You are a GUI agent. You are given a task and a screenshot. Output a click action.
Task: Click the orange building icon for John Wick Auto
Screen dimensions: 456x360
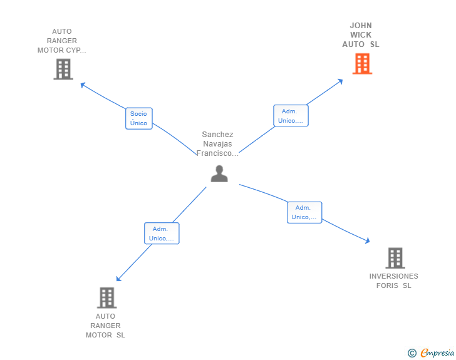pyautogui.click(x=362, y=64)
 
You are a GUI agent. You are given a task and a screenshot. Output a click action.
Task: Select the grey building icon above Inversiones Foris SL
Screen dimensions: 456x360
pyautogui.click(x=395, y=258)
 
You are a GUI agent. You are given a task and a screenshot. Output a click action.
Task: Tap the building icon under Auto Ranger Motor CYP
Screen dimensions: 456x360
pyautogui.click(x=63, y=69)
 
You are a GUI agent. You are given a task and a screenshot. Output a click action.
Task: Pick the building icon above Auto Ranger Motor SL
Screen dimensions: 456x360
pyautogui.click(x=106, y=298)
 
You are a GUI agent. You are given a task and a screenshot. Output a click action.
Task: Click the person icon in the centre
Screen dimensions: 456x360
pyautogui.click(x=219, y=173)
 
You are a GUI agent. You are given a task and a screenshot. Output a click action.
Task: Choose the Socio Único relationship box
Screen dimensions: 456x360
pyautogui.click(x=138, y=118)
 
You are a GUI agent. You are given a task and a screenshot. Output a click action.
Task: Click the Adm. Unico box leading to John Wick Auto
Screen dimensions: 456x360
pyautogui.click(x=291, y=116)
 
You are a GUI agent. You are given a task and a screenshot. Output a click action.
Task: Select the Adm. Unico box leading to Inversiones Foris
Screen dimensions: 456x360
pyautogui.click(x=304, y=213)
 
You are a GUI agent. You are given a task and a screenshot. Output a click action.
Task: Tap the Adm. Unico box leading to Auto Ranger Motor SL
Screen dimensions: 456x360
pyautogui.click(x=162, y=233)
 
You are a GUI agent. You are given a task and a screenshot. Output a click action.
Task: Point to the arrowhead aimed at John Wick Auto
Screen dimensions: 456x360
pyautogui.click(x=340, y=81)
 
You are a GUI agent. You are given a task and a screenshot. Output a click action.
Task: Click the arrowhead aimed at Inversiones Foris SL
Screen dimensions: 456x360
pyautogui.click(x=367, y=240)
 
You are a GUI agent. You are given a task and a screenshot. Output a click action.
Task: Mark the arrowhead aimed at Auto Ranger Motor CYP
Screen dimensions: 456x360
pyautogui.click(x=83, y=85)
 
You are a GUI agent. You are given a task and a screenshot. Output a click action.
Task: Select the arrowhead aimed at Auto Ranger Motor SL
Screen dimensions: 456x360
pyautogui.click(x=118, y=279)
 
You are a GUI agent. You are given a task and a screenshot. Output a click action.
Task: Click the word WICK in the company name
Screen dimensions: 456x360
pyautogui.click(x=361, y=35)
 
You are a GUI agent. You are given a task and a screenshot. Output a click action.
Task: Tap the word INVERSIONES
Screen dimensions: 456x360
pyautogui.click(x=394, y=276)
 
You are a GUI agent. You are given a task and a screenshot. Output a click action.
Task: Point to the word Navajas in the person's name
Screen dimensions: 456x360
pyautogui.click(x=217, y=144)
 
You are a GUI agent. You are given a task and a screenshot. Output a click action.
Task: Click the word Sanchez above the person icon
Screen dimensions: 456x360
pyautogui.click(x=217, y=135)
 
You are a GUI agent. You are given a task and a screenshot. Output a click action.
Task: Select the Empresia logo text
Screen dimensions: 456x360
pyautogui.click(x=437, y=352)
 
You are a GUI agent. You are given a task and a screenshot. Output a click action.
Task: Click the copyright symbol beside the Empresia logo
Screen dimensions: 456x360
pyautogui.click(x=412, y=353)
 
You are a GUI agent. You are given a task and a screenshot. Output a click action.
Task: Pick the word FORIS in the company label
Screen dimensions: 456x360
pyautogui.click(x=387, y=285)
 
